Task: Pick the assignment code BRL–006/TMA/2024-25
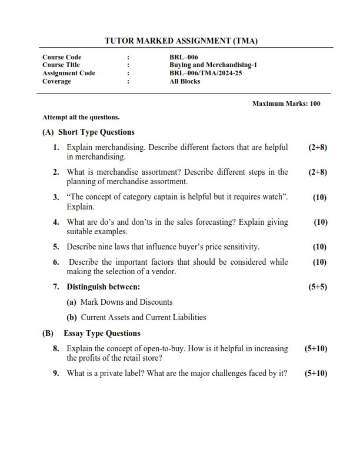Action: point(201,73)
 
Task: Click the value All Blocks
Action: point(185,81)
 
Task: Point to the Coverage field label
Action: point(56,81)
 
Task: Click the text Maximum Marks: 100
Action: point(286,104)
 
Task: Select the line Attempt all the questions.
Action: point(81,116)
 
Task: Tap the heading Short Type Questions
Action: point(96,132)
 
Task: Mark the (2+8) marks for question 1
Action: point(317,147)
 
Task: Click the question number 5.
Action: point(56,247)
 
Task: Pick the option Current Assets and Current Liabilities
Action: point(143,317)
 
